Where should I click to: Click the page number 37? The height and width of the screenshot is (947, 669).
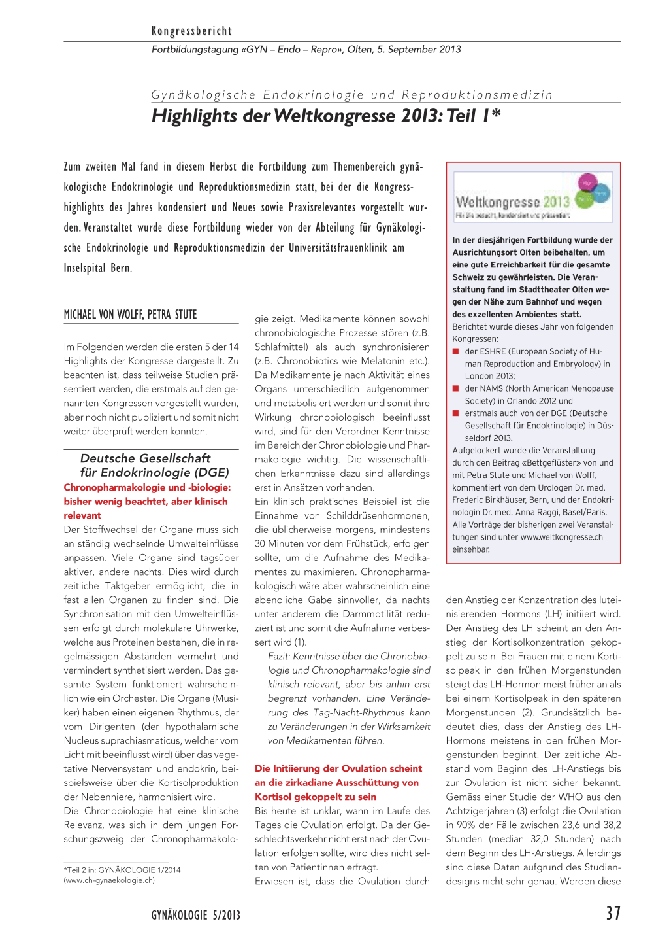click(x=613, y=914)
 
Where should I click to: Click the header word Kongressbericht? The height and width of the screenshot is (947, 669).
click(x=191, y=31)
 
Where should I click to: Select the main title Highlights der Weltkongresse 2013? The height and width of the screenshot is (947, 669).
click(x=326, y=116)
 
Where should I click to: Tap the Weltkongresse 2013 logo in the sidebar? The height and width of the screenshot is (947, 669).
click(x=533, y=197)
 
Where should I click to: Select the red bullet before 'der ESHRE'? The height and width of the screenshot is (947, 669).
click(x=456, y=352)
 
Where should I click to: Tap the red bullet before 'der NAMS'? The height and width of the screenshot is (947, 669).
click(x=456, y=389)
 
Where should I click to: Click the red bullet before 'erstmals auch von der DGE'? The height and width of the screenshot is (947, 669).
click(x=456, y=413)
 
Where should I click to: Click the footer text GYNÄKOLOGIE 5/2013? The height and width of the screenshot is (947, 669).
click(x=195, y=915)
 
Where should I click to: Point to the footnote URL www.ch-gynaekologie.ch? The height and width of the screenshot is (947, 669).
click(x=109, y=880)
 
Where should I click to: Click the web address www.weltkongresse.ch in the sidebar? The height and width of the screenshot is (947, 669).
click(x=561, y=537)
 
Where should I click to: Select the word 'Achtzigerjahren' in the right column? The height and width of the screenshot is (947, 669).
click(x=480, y=811)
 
